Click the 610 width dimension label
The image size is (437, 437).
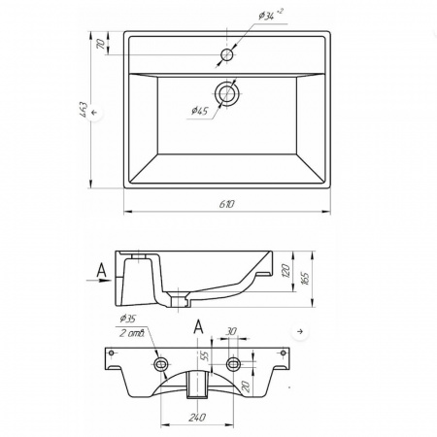point(227,204)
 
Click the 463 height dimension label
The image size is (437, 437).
point(84,110)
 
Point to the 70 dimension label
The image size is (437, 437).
point(100,44)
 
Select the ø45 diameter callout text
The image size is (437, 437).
point(199,111)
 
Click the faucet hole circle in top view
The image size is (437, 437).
point(227,54)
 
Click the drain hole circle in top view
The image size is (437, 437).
point(227,93)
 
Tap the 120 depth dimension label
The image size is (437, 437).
point(286,271)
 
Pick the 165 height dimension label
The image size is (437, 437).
point(305,279)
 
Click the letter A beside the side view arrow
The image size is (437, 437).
point(102,270)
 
